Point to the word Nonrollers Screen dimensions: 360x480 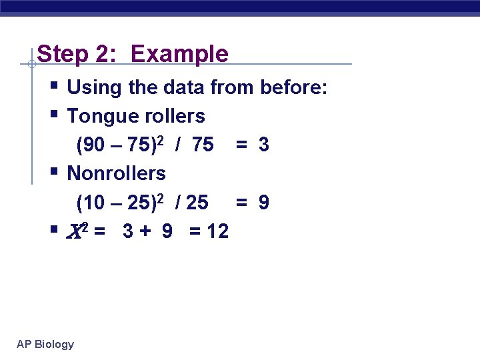point(117,173)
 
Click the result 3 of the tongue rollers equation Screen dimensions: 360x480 point(264,145)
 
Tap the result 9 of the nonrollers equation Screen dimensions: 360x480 point(264,202)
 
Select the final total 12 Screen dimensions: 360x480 point(217,231)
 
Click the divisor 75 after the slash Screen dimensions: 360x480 point(202,145)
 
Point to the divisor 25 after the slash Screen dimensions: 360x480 point(197,202)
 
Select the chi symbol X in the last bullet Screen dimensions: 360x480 point(75,231)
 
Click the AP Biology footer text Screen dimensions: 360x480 point(45,344)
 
